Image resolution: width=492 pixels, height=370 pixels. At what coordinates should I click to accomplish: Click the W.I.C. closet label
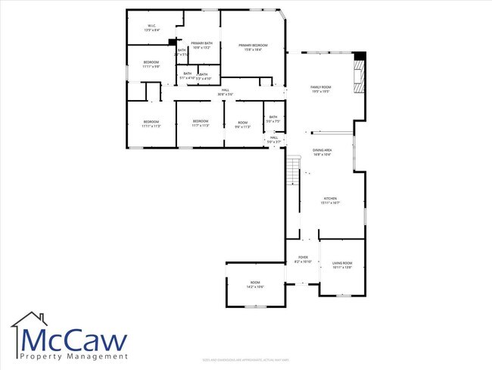(x=152, y=28)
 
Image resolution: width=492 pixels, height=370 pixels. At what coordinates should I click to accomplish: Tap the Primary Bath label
(x=201, y=45)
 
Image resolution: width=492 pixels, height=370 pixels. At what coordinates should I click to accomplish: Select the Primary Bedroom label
(x=254, y=48)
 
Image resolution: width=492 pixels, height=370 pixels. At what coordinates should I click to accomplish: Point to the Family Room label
(x=321, y=89)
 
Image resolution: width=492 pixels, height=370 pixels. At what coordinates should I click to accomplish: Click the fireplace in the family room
(x=358, y=75)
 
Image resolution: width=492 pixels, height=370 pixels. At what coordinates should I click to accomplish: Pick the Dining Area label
(x=322, y=152)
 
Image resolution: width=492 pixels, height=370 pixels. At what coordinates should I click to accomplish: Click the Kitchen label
(x=330, y=200)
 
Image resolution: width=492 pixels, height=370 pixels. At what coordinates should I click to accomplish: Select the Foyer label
(x=302, y=259)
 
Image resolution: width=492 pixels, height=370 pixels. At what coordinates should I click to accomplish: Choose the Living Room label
(x=342, y=265)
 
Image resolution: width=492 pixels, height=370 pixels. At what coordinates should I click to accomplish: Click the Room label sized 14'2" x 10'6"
(x=255, y=284)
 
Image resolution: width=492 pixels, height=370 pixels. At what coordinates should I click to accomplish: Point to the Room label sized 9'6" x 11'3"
(x=242, y=124)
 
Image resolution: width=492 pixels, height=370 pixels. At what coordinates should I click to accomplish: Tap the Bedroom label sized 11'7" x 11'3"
(x=200, y=124)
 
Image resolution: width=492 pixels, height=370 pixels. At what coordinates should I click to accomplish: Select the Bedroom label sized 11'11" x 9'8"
(x=151, y=64)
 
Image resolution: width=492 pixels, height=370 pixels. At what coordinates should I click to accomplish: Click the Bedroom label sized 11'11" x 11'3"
(x=151, y=124)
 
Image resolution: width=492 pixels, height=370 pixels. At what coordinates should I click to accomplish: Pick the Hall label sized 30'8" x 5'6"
(x=225, y=92)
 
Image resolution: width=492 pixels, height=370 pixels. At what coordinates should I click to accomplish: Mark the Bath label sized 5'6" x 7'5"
(x=273, y=119)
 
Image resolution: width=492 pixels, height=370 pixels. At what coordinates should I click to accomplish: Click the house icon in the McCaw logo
(x=29, y=325)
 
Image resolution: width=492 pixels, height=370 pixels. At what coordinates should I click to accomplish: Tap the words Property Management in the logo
(x=73, y=356)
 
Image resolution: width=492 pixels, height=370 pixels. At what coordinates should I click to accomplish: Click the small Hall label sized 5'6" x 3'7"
(x=274, y=140)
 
